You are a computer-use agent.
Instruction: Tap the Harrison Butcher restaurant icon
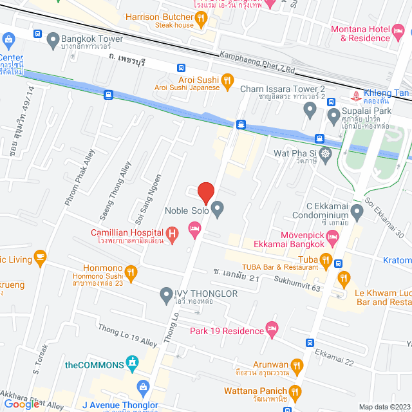tap(201, 19)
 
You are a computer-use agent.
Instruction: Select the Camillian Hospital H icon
tap(172, 233)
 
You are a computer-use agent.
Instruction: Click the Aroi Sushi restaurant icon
tap(227, 81)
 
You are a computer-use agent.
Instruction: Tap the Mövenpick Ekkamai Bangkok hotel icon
tap(332, 238)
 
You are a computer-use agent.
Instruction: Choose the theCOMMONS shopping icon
tap(133, 364)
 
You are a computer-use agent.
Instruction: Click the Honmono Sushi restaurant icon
tap(131, 273)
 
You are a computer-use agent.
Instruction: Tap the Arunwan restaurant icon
tap(297, 367)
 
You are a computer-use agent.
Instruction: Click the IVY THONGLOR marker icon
tap(165, 294)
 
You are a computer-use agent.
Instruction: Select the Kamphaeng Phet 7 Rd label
tap(257, 62)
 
